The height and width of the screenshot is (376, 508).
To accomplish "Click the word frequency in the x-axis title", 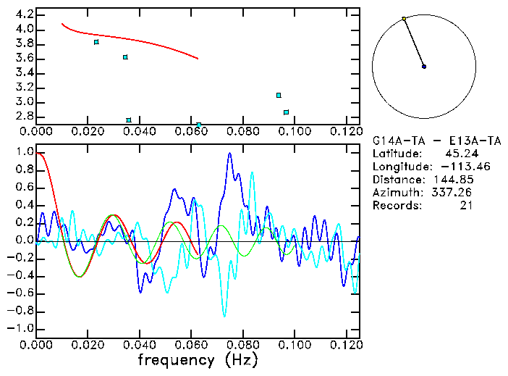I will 178,359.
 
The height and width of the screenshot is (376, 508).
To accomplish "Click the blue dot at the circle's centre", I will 424,67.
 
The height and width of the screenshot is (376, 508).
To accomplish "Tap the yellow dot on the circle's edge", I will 404,19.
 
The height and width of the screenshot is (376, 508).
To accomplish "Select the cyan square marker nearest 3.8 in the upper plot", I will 96,42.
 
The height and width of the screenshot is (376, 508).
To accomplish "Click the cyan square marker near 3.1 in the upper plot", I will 279,95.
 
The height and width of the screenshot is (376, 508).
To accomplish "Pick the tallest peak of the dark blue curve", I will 229,153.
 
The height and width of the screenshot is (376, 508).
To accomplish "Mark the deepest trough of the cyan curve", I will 224,316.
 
